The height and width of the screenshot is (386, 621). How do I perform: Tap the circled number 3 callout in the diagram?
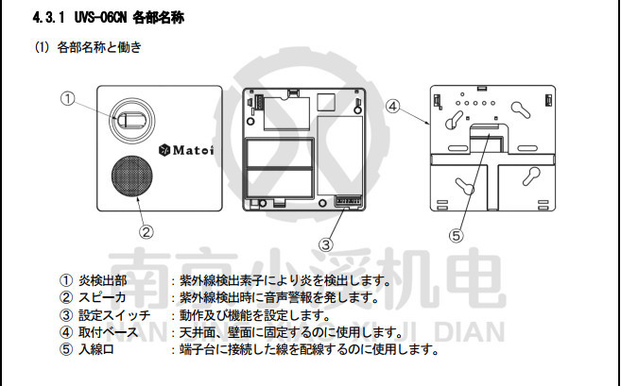324,244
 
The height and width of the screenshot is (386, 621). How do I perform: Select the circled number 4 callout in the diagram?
392,107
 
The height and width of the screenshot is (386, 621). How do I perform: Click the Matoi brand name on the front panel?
193,147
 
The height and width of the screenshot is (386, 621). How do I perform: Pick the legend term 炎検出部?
107,280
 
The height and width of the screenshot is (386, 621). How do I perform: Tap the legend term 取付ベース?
108,332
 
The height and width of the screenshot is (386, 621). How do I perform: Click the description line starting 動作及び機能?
254,315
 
